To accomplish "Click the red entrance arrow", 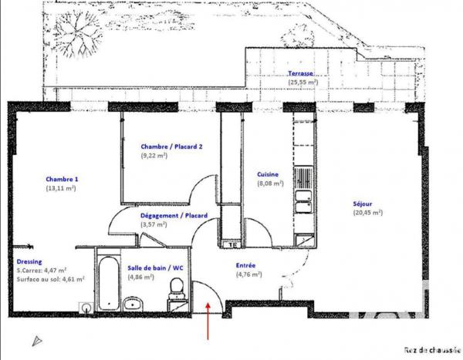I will tap(209, 324).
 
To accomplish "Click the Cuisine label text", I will tap(268, 175).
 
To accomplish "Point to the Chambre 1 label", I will tap(61, 179).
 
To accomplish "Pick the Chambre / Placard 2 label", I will tap(171, 146).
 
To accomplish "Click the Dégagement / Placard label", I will tap(174, 217).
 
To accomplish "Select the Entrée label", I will tap(246, 265).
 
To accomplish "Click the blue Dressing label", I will tap(29, 261).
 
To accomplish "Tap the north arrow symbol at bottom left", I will tap(34, 339).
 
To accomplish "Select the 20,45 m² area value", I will tap(367, 213).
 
